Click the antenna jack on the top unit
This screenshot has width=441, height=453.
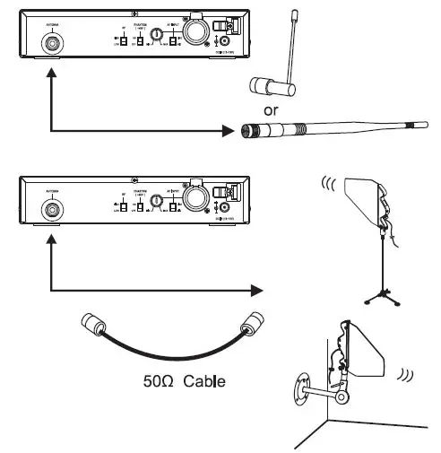click(x=54, y=41)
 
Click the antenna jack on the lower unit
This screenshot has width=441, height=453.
click(x=54, y=212)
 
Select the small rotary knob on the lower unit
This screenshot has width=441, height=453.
click(x=158, y=204)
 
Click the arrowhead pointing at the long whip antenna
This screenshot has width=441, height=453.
click(x=226, y=132)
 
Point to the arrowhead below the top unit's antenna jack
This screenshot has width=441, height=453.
click(x=54, y=78)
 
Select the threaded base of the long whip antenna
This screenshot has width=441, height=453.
click(x=248, y=132)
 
